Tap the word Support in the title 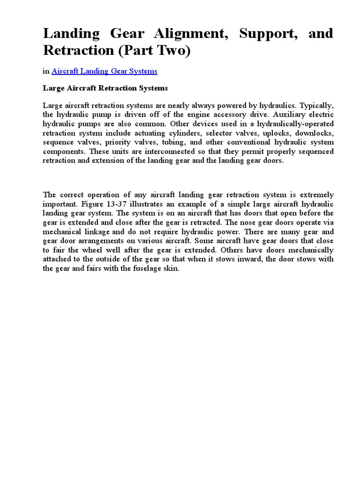tap(262, 34)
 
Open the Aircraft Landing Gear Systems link tap(104, 71)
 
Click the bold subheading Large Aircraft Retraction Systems tap(105, 88)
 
